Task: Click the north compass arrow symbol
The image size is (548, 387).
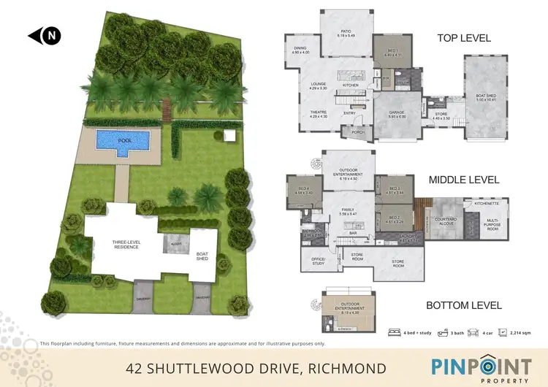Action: [x=45, y=35]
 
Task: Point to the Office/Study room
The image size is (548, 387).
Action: [x=317, y=262]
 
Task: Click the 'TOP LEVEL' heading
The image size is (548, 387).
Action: [x=463, y=38]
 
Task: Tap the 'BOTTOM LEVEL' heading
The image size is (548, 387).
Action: [x=465, y=304]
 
